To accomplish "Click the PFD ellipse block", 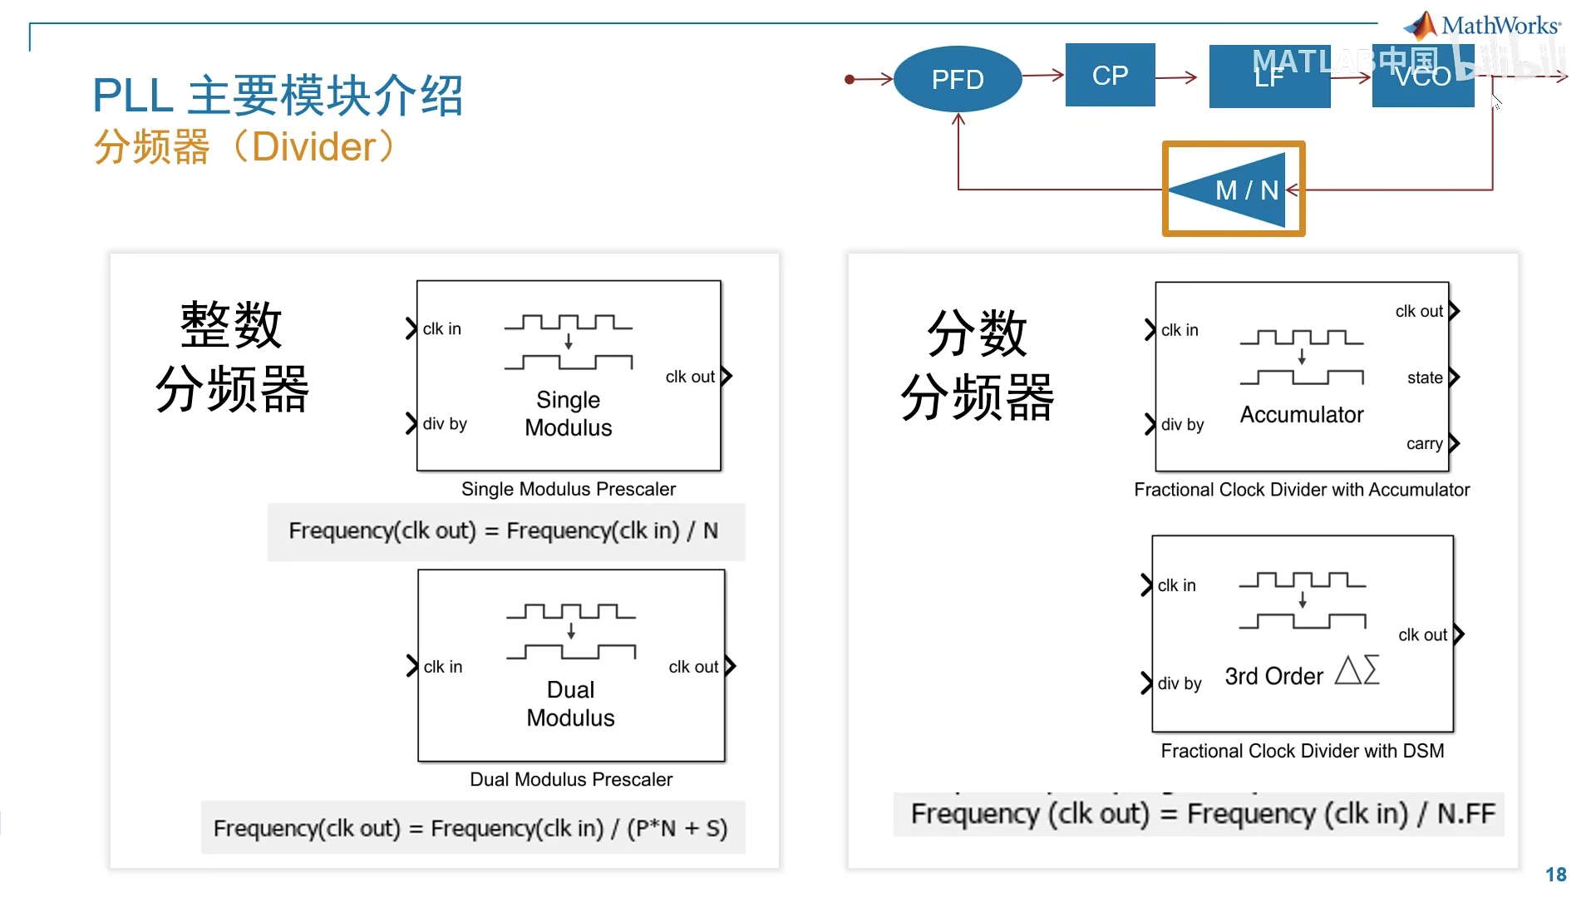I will pyautogui.click(x=958, y=79).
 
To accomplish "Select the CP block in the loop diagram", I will pyautogui.click(x=1110, y=75).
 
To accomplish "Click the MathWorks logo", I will pyautogui.click(x=1483, y=25).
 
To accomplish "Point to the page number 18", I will pyautogui.click(x=1555, y=875).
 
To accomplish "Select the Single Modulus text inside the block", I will pyautogui.click(x=569, y=413).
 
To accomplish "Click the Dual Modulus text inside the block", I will pyautogui.click(x=570, y=703).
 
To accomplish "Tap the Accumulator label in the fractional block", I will pyautogui.click(x=1302, y=415).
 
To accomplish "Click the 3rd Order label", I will pyautogui.click(x=1273, y=677).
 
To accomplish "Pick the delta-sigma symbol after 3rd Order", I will pyautogui.click(x=1357, y=670).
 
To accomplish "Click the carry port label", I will pyautogui.click(x=1424, y=443).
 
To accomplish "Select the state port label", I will pyautogui.click(x=1425, y=377).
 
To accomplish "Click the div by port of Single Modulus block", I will pyautogui.click(x=444, y=424).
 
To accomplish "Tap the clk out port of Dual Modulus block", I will pyautogui.click(x=694, y=667).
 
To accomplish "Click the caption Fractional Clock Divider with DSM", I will pyautogui.click(x=1302, y=751).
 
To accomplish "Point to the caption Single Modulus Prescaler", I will pyautogui.click(x=569, y=489).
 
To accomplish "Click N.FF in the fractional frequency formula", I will pyautogui.click(x=1465, y=813).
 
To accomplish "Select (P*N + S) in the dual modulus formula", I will pyautogui.click(x=677, y=828).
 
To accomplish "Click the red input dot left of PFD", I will pyautogui.click(x=850, y=80).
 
